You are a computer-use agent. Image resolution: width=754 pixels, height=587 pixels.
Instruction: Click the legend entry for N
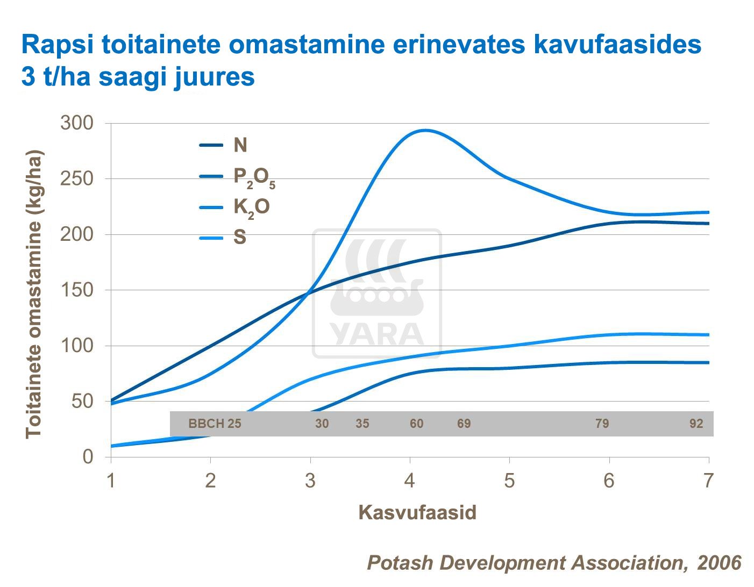(x=240, y=145)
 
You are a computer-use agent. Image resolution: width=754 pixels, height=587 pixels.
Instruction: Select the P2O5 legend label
(x=254, y=177)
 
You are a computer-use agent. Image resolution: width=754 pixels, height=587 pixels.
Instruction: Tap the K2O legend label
(x=251, y=207)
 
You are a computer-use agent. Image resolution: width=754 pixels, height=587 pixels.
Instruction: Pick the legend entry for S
(x=240, y=238)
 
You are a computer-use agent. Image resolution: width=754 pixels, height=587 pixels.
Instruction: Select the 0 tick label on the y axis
(x=88, y=457)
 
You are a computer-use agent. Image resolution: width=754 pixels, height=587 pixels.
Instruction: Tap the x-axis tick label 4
(x=410, y=481)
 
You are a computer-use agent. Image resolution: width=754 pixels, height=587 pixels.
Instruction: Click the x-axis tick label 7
(x=708, y=481)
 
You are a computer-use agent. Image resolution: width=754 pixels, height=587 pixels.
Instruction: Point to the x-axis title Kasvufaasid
(x=417, y=512)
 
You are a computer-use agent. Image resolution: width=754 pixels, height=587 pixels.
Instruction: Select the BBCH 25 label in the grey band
(x=215, y=424)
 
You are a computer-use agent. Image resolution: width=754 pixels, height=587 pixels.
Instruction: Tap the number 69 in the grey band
(x=464, y=424)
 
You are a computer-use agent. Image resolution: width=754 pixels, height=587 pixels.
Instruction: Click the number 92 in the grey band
(x=696, y=424)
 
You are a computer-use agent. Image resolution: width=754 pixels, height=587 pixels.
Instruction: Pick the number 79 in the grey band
(x=602, y=424)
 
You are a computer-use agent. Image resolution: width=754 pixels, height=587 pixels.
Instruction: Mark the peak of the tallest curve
(x=425, y=130)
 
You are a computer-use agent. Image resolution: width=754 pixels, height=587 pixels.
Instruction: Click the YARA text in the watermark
(x=377, y=334)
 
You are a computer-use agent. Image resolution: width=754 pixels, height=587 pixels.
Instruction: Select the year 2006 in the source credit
(x=719, y=563)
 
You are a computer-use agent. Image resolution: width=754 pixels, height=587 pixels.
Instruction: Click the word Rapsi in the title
(x=58, y=44)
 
